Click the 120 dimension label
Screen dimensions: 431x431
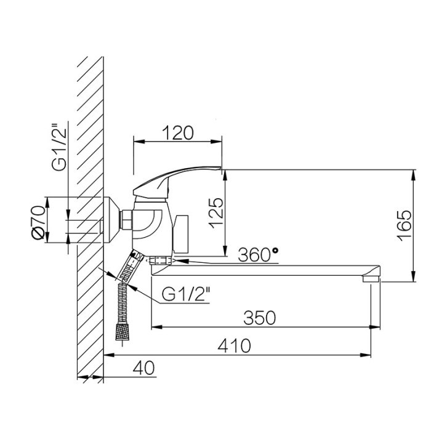pos(178,133)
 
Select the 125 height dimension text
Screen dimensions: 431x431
pos(216,213)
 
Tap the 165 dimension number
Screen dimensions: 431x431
pos(405,226)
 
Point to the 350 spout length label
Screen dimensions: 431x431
pos(259,318)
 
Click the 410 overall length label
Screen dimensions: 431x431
pos(234,345)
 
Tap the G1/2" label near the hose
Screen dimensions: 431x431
pos(185,294)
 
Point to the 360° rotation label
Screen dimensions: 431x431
pos(258,254)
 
